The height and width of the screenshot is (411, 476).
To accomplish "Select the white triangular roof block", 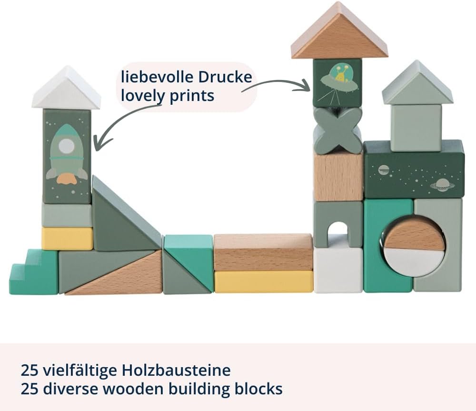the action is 66,88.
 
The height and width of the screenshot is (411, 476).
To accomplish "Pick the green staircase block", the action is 33,271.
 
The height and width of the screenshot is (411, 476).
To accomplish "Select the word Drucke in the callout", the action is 225,77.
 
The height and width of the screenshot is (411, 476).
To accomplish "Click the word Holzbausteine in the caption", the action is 176,371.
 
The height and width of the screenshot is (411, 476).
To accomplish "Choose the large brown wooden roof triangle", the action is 339,30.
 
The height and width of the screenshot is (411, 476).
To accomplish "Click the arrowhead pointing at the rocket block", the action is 99,143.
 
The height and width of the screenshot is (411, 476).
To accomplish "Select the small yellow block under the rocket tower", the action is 68,239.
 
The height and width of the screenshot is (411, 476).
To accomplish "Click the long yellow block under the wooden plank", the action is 264,281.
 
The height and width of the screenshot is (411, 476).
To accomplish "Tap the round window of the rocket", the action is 67,146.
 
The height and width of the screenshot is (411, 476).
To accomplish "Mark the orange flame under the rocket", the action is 67,179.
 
